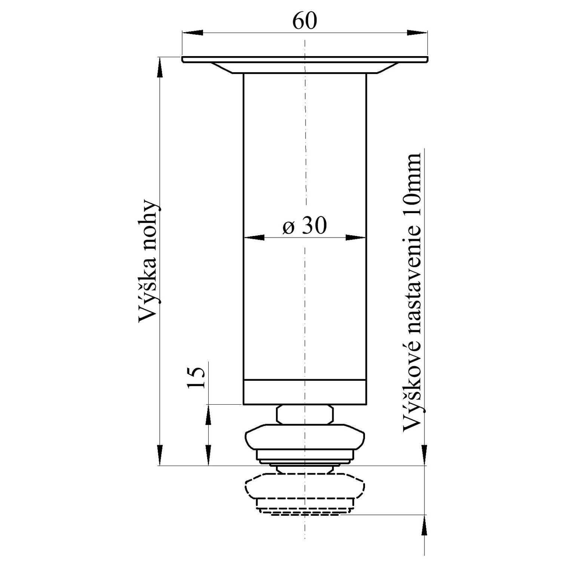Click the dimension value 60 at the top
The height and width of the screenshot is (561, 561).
[304, 21]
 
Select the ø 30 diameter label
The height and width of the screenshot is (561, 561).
[304, 226]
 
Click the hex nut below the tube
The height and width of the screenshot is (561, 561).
[305, 415]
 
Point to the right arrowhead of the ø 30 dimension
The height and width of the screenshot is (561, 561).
[356, 237]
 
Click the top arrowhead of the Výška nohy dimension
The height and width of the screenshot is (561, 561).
[160, 67]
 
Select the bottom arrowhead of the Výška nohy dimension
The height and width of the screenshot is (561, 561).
[160, 455]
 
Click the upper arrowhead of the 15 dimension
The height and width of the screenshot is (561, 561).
[208, 415]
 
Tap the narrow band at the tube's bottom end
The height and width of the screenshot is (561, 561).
[305, 392]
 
